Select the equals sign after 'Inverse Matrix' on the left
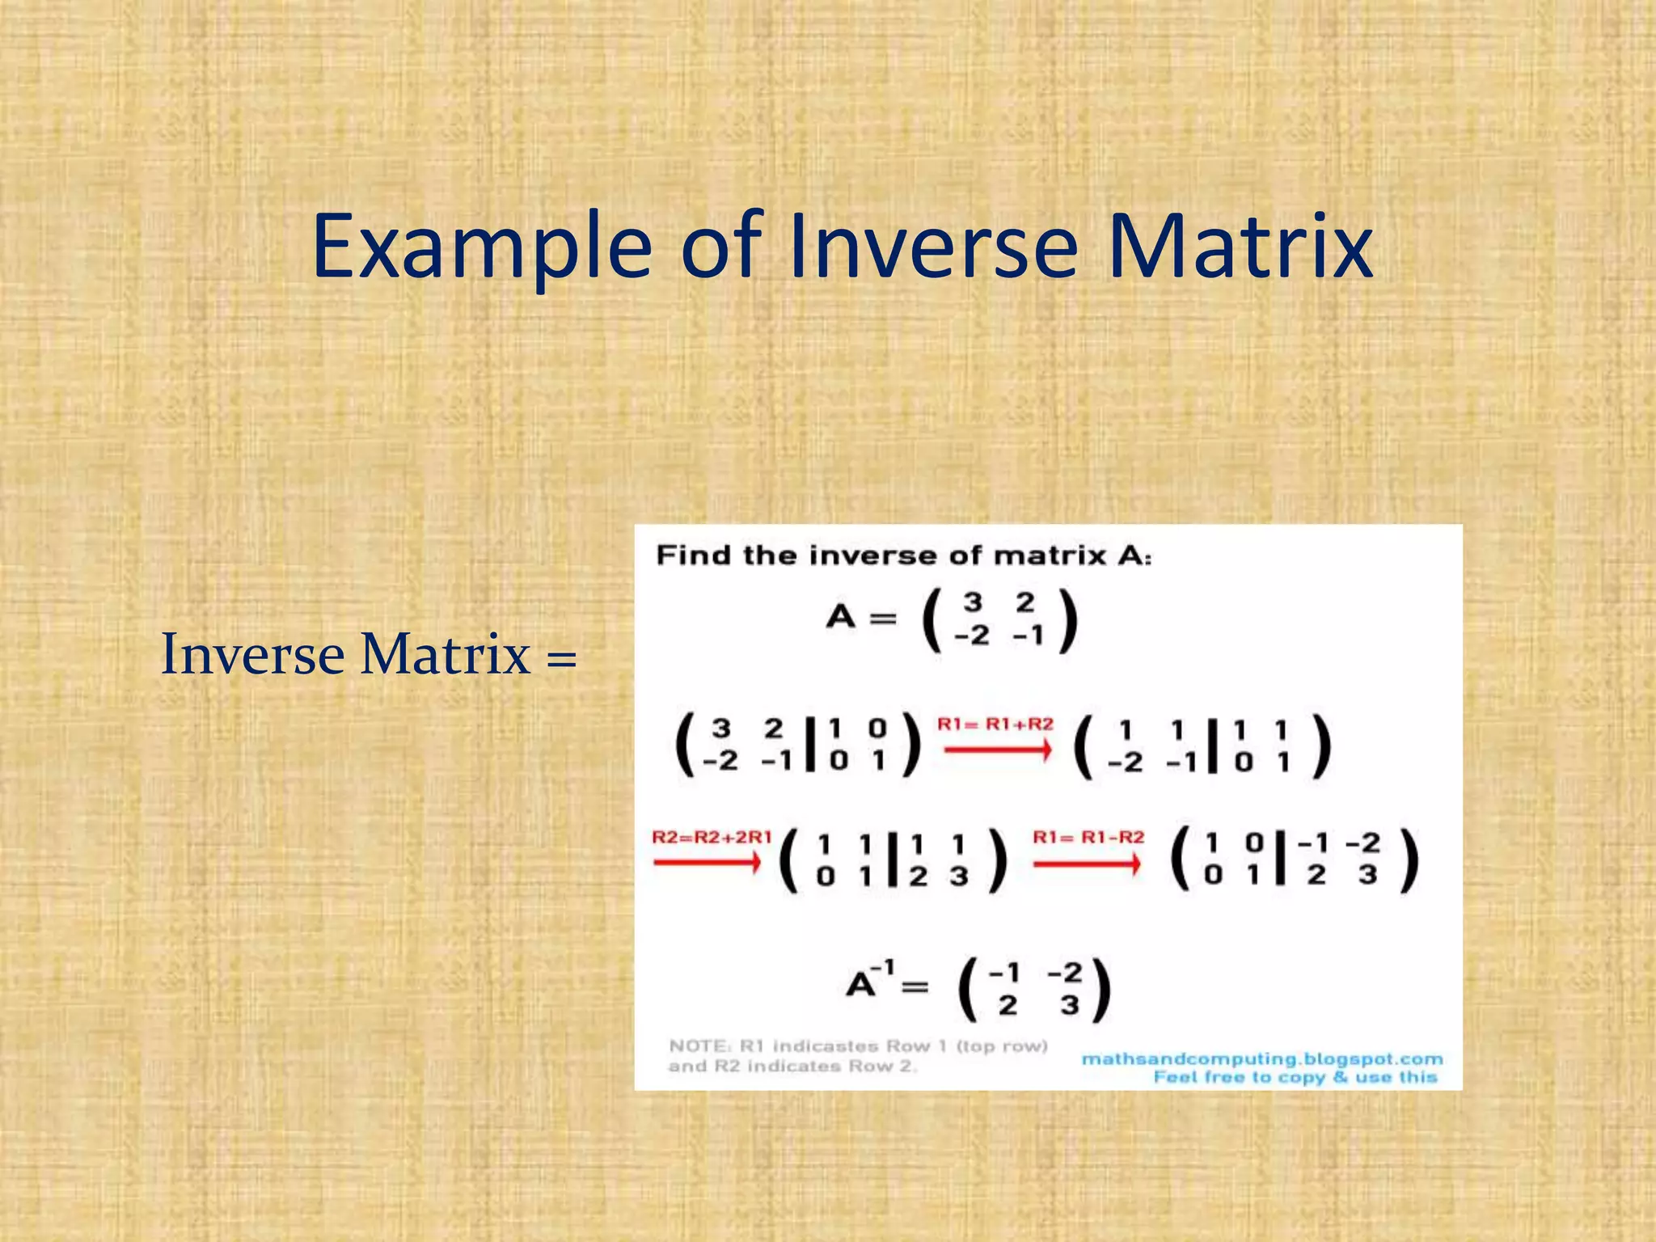coord(561,657)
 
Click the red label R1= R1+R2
coord(995,724)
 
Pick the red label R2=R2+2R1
coord(712,837)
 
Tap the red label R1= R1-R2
coord(1088,837)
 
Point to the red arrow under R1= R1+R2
coord(998,750)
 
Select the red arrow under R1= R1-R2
coord(1088,864)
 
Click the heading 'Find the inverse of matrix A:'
coord(903,556)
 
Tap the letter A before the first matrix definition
coord(841,618)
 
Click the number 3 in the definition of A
coord(973,602)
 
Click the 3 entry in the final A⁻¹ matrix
coord(1069,1006)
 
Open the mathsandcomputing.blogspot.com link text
coord(1261,1059)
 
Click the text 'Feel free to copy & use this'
coord(1295,1077)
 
